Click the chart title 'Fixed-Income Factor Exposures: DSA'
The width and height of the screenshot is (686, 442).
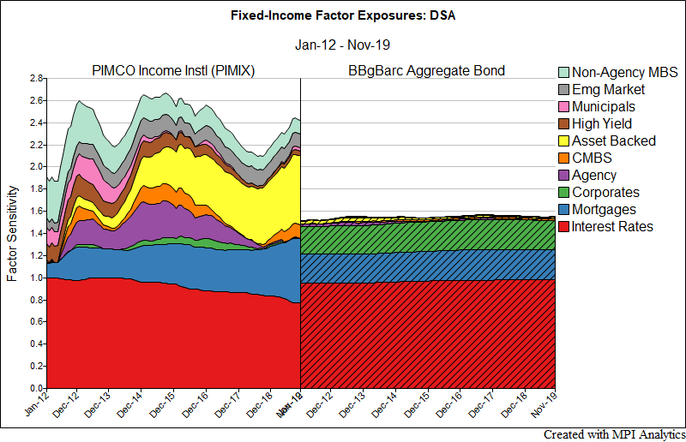(343, 15)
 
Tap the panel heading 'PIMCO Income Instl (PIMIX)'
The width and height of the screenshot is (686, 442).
(172, 70)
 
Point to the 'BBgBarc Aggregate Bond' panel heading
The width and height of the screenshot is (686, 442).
(427, 70)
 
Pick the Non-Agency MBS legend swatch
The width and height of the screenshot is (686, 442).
(563, 73)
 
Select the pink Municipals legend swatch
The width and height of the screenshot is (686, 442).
(563, 107)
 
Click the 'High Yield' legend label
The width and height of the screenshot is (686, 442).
(602, 124)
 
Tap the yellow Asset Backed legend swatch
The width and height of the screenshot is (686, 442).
(563, 141)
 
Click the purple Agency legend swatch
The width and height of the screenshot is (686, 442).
(563, 176)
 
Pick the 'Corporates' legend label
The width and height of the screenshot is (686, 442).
(605, 193)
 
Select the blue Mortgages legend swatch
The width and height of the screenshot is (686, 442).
(563, 210)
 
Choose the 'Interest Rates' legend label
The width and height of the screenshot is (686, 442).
(612, 227)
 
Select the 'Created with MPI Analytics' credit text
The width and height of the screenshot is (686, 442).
(614, 434)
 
